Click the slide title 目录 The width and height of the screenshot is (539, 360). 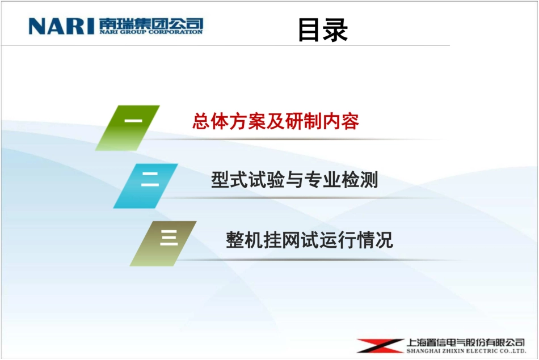pyautogui.click(x=323, y=30)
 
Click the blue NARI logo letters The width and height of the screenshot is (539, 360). pyautogui.click(x=61, y=26)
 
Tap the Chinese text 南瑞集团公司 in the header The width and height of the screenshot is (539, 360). pyautogui.click(x=150, y=23)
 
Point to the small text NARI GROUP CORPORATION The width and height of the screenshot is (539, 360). pyautogui.click(x=150, y=32)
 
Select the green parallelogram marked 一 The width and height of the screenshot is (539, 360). pyautogui.click(x=128, y=127)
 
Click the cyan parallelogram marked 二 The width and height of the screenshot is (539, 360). pyautogui.click(x=146, y=185)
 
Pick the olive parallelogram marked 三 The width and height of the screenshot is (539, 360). pyautogui.click(x=163, y=243)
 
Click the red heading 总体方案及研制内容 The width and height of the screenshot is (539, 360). pyautogui.click(x=276, y=122)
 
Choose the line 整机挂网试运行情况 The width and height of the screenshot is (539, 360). pyautogui.click(x=309, y=240)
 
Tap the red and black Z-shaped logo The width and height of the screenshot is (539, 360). pyautogui.click(x=380, y=346)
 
